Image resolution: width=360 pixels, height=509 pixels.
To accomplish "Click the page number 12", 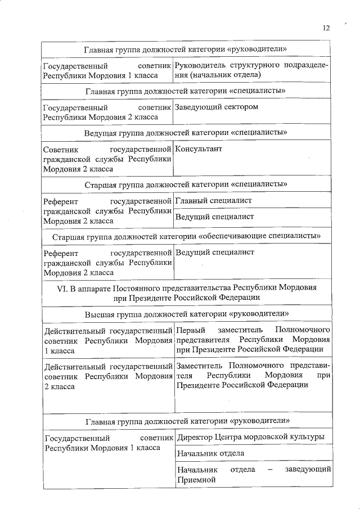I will pyautogui.click(x=326, y=28).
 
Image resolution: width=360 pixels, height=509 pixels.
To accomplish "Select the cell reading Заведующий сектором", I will pyautogui.click(x=217, y=107).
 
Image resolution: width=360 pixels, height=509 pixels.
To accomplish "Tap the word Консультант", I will pyautogui.click(x=199, y=149).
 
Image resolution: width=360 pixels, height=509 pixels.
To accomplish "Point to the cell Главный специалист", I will pyautogui.click(x=213, y=200).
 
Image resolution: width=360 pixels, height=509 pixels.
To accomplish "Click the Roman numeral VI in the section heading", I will pyautogui.click(x=62, y=287).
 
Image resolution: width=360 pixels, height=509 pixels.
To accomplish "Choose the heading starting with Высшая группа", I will pyautogui.click(x=187, y=313).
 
